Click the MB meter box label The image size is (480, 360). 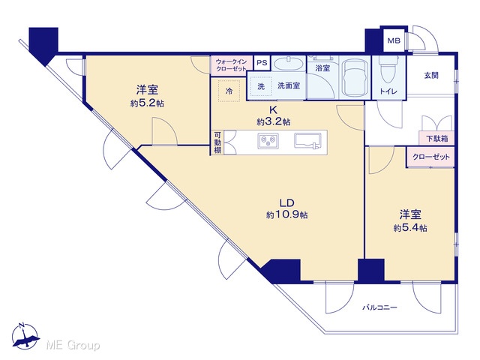(x=394, y=40)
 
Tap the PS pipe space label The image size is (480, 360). (x=262, y=63)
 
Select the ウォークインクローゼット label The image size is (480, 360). (x=232, y=65)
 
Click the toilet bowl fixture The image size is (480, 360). (x=388, y=70)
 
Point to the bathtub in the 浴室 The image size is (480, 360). (x=355, y=76)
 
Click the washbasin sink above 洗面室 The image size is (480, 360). (x=288, y=64)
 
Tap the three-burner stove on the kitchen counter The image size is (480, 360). (x=268, y=141)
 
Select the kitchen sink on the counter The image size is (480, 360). (x=307, y=140)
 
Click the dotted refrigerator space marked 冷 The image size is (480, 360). (x=229, y=91)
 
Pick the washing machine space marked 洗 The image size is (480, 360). (x=261, y=87)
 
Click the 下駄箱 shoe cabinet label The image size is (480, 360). (x=437, y=139)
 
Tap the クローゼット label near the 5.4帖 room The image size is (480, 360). (x=431, y=157)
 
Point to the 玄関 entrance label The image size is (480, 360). (x=431, y=75)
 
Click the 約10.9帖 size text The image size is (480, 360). (x=286, y=215)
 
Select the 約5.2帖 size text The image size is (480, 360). (x=147, y=103)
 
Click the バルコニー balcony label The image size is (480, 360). (x=380, y=307)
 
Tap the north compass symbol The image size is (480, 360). (x=25, y=336)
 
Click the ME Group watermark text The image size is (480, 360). (x=73, y=345)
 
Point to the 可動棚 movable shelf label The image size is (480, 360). (x=217, y=142)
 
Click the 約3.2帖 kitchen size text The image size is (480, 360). (x=274, y=121)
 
